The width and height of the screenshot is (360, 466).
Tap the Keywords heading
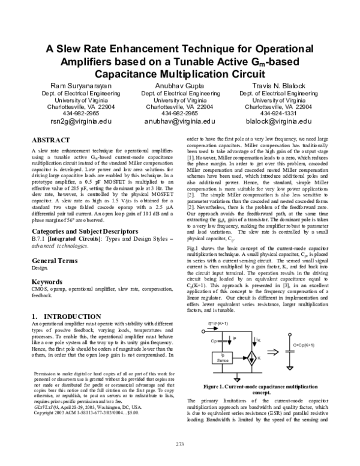click(x=47, y=282)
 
